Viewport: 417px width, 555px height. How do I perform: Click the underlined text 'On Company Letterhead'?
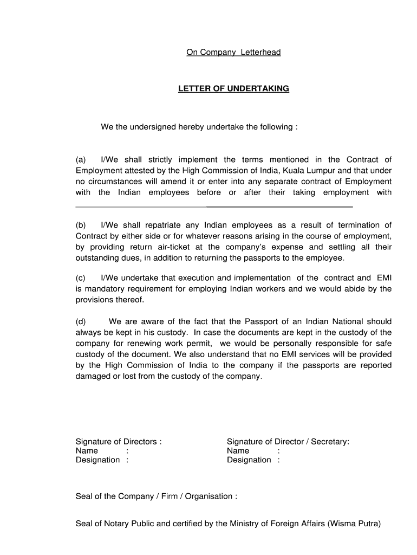click(233, 53)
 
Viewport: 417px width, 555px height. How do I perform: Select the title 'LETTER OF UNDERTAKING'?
click(233, 89)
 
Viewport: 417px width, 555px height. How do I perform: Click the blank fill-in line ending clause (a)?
click(214, 206)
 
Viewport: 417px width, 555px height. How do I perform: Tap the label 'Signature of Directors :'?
click(119, 442)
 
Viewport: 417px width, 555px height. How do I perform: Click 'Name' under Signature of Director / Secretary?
click(238, 451)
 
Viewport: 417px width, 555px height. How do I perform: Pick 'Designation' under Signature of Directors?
click(98, 460)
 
